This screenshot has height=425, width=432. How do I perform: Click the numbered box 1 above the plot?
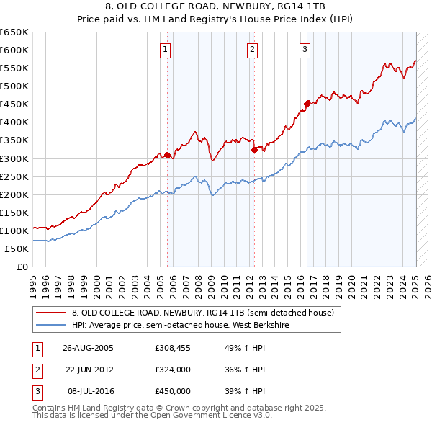click(x=166, y=50)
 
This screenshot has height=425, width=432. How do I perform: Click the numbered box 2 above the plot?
click(x=253, y=50)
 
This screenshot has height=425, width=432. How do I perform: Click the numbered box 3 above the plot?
click(x=305, y=50)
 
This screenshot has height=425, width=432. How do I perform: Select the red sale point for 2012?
click(x=254, y=150)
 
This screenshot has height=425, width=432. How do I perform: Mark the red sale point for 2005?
click(x=168, y=155)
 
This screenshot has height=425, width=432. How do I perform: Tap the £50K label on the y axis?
click(x=17, y=249)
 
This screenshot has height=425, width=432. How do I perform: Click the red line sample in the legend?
click(x=50, y=313)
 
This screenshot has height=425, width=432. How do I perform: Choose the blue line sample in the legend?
click(x=50, y=325)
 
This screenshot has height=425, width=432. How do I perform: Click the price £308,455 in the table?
click(x=172, y=347)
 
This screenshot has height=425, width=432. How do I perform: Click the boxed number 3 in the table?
click(x=37, y=391)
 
